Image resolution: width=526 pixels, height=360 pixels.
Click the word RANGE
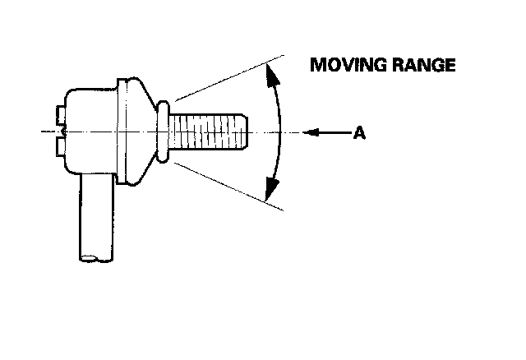pos(422,66)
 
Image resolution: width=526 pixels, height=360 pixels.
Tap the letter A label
pos(359,132)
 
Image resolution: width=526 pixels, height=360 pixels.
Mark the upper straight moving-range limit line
pos(230,74)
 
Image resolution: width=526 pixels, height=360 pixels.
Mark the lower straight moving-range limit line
pos(230,187)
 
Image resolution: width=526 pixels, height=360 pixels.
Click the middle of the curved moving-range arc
pos(280,132)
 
